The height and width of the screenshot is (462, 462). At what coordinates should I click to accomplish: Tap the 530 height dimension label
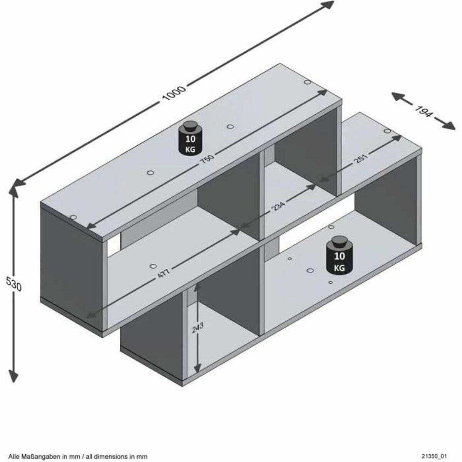[x=14, y=284]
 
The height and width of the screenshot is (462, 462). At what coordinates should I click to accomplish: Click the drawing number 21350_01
[x=434, y=456]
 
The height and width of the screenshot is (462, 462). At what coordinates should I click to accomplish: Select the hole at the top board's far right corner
[x=307, y=82]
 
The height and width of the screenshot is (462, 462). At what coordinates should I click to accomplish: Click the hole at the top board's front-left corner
[x=72, y=218]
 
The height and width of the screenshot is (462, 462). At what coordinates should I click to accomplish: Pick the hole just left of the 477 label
[x=153, y=266]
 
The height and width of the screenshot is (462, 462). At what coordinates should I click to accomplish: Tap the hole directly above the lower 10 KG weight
[x=331, y=227]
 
